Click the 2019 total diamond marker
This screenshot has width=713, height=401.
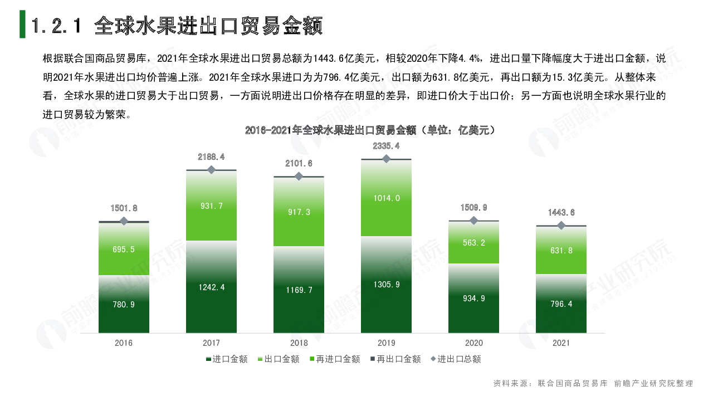pos(386,159)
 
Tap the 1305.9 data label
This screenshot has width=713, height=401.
pos(386,285)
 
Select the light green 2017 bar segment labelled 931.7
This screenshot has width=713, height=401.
pos(211,206)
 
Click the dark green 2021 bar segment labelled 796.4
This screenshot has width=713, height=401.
pos(561,304)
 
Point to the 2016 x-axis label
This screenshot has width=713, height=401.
pos(124,343)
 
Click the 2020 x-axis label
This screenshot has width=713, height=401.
pos(473,343)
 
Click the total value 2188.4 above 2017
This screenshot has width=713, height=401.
pos(211,157)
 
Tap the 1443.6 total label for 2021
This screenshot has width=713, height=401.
pos(561,212)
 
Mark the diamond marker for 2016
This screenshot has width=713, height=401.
pos(124,221)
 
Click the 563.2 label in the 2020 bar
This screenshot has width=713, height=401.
pos(473,242)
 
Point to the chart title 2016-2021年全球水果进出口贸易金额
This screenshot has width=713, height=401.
pos(370,130)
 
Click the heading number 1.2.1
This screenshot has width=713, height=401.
pos(57,26)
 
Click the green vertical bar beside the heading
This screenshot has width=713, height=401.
pos(22,24)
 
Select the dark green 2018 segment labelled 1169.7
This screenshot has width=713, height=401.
pos(299,290)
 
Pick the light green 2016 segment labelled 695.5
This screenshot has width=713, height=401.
pos(124,249)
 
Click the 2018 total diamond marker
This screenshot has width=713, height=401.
pos(299,176)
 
